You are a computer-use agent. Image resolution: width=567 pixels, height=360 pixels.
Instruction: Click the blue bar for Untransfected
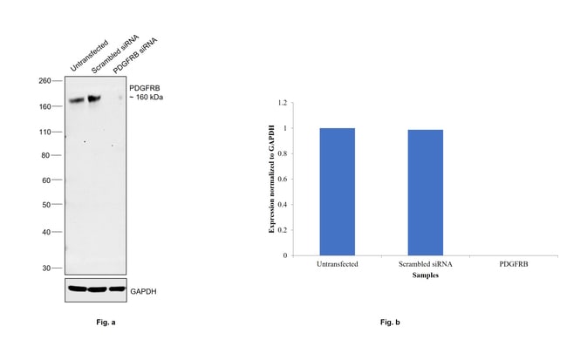337,192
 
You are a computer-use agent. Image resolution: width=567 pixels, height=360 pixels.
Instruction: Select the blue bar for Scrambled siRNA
425,193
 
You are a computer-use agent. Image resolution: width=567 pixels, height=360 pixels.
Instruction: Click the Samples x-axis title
425,275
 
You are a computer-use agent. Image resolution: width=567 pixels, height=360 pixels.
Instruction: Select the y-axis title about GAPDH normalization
272,179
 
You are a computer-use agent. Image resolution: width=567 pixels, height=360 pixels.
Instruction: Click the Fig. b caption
389,323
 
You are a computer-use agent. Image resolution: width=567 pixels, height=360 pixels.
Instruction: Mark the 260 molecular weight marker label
44,81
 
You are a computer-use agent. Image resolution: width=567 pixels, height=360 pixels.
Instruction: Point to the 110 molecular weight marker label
44,132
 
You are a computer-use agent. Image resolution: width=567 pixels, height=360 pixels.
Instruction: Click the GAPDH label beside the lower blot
145,289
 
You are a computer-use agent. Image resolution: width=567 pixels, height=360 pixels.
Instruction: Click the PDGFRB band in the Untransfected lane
76,100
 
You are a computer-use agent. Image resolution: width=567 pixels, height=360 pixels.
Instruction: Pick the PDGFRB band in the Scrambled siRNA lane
94,98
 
